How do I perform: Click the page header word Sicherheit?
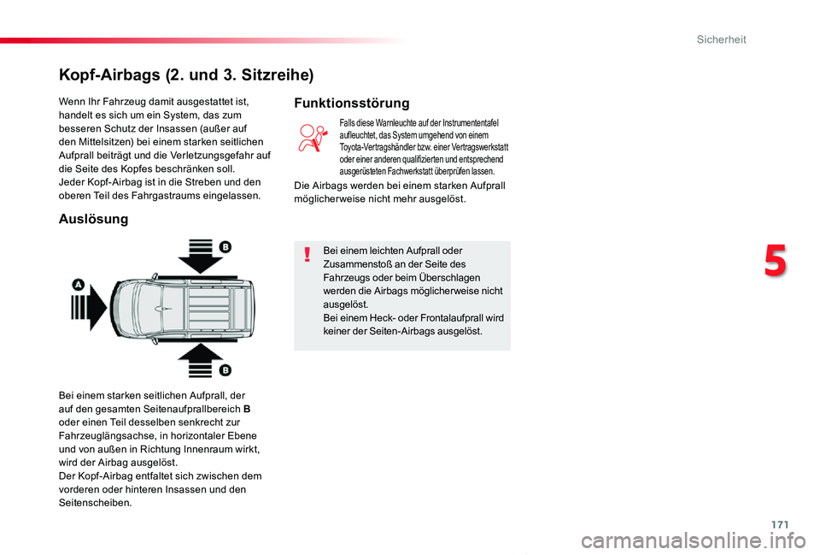point(722,39)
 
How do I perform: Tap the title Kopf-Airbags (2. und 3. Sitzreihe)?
point(186,74)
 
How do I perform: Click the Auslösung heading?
point(93,220)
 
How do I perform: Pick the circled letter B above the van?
point(225,246)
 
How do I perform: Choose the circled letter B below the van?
point(225,369)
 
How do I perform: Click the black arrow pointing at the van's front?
point(92,304)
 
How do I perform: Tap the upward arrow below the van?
point(199,360)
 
